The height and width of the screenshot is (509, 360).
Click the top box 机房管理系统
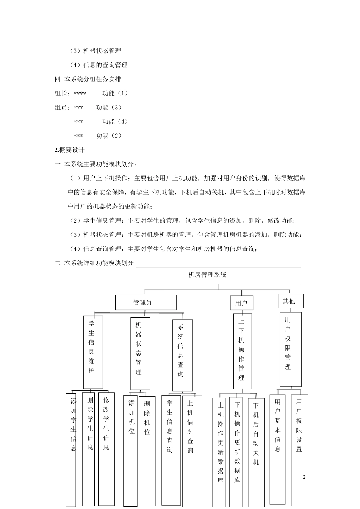point(218,275)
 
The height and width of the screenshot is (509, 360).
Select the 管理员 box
point(146,302)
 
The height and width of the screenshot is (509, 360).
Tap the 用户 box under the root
point(241,303)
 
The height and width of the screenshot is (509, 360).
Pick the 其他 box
point(290,301)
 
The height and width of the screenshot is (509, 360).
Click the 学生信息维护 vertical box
point(93,352)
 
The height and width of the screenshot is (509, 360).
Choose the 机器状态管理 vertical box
point(140,353)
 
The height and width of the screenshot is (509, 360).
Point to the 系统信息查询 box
point(182,355)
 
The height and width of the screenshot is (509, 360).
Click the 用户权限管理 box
point(290,349)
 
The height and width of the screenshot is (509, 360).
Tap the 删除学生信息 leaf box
point(90,449)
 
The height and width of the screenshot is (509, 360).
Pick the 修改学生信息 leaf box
point(106,449)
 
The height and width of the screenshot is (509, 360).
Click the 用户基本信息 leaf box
point(278,449)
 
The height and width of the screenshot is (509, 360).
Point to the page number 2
point(304,477)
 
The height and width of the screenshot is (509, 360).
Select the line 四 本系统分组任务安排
point(88,79)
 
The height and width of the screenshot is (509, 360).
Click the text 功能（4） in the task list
point(115,122)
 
